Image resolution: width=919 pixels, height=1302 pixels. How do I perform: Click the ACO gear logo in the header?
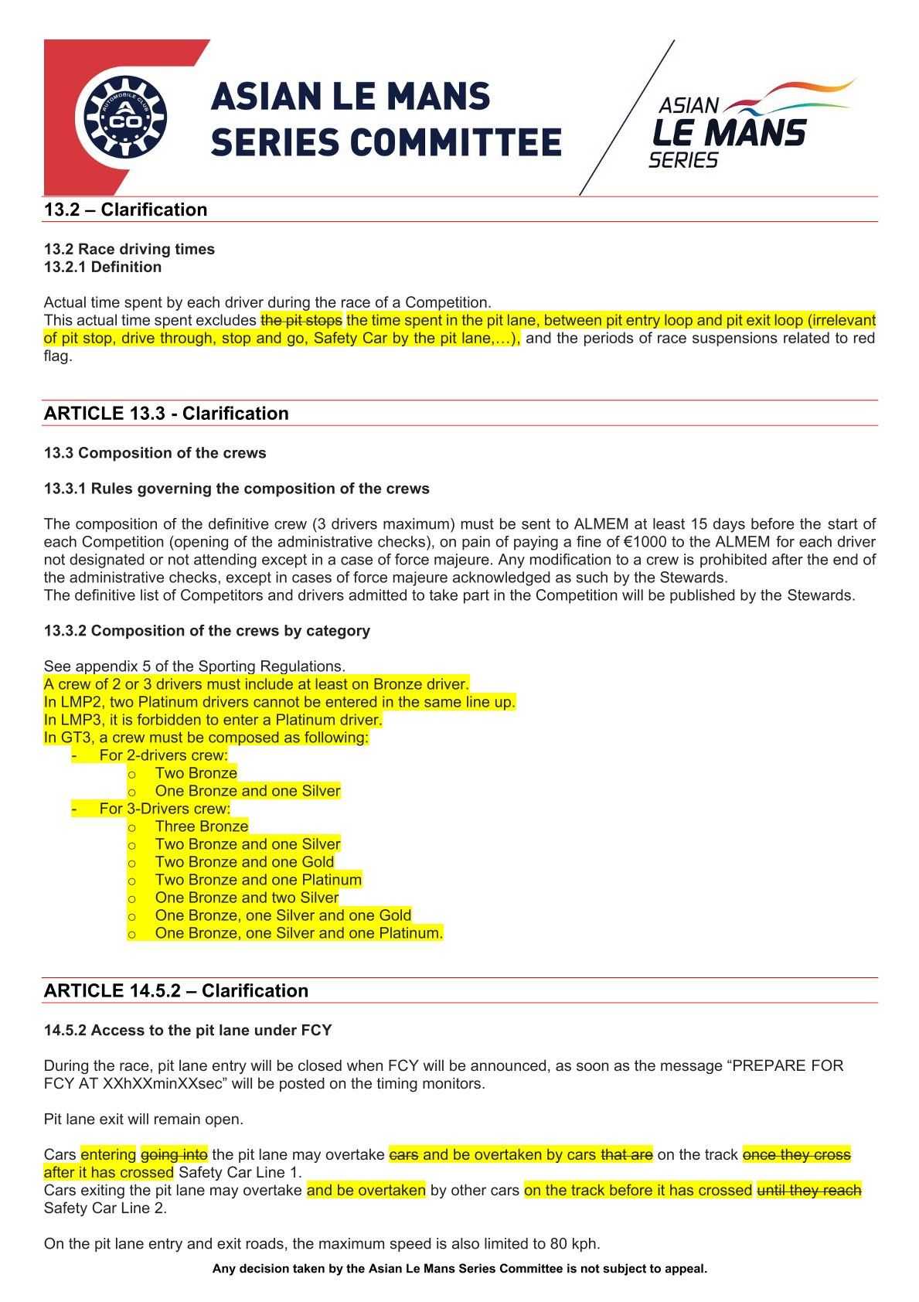click(124, 118)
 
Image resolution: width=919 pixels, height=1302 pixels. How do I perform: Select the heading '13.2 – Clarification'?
click(125, 210)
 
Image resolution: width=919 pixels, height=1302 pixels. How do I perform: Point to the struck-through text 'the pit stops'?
click(301, 320)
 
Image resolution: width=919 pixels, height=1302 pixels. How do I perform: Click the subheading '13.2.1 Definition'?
click(103, 267)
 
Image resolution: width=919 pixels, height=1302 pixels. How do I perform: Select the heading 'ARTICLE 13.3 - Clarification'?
click(166, 413)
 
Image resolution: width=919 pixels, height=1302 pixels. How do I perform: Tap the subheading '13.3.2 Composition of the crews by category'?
click(207, 631)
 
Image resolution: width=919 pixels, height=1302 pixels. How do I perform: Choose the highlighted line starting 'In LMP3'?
click(213, 720)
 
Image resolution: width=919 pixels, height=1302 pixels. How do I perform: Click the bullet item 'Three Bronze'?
click(201, 827)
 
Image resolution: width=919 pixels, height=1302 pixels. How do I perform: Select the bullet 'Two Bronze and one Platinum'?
click(258, 880)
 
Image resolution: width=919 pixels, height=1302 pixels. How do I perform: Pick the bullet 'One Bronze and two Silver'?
click(247, 898)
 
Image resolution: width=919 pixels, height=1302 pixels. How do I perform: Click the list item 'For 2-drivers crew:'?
click(163, 755)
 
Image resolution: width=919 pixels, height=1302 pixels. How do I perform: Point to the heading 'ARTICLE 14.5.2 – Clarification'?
click(176, 990)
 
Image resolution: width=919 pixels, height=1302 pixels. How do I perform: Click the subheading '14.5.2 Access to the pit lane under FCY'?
click(188, 1031)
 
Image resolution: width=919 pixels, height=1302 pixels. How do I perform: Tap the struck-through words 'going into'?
click(174, 1155)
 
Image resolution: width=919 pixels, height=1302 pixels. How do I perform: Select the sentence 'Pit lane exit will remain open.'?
click(144, 1120)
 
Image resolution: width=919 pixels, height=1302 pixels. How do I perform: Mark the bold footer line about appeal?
click(460, 1269)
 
